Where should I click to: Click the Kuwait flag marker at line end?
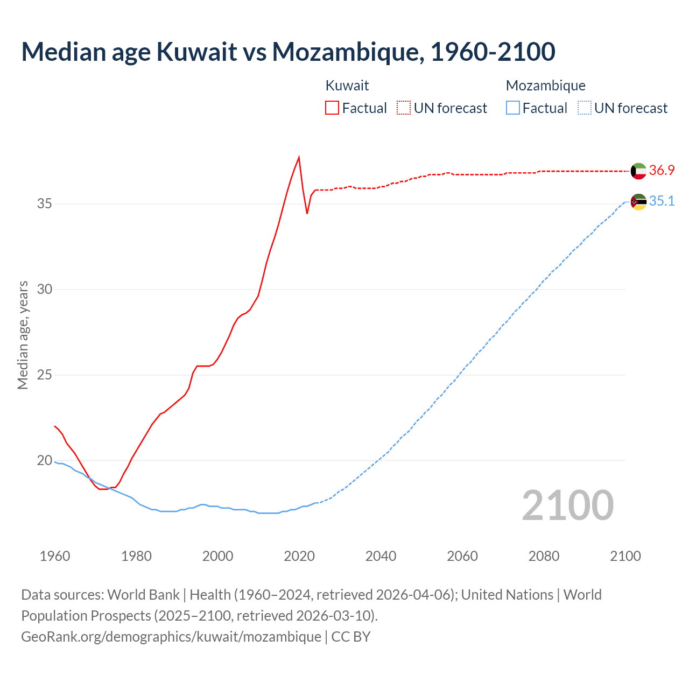638,171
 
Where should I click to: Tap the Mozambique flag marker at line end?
638,202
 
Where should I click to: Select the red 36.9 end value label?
662,170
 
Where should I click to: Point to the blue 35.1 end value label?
662,201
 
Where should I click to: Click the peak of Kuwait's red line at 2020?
299,157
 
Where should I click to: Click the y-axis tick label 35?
45,204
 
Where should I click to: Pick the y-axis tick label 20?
45,461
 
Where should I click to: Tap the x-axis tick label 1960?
55,556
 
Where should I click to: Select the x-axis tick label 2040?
381,556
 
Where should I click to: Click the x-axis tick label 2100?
625,556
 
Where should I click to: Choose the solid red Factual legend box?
332,108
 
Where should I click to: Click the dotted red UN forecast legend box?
404,108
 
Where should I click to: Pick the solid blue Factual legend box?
513,108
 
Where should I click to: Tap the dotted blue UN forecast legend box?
584,108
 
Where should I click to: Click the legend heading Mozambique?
545,86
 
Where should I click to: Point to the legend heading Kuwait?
347,86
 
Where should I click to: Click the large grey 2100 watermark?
567,505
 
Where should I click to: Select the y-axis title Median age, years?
23,335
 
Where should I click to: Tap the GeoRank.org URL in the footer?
171,637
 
